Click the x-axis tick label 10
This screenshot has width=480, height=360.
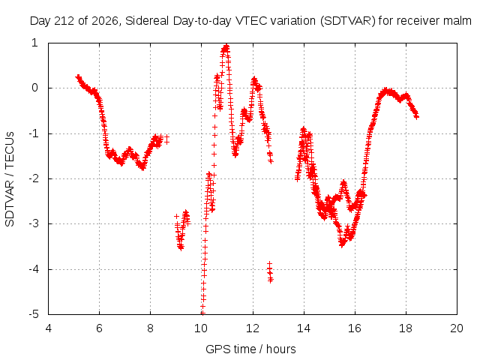click(201, 328)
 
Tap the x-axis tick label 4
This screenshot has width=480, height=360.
click(48, 328)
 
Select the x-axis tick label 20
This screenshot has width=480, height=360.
click(457, 328)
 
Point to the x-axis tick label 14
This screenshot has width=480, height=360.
click(303, 328)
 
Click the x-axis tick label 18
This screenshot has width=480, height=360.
click(406, 328)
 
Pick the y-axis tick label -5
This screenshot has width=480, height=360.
click(34, 314)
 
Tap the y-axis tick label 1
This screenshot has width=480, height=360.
click(34, 43)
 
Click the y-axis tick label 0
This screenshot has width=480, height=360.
click(34, 88)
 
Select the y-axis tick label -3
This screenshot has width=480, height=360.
click(34, 223)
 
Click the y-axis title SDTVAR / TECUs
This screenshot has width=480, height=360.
click(10, 179)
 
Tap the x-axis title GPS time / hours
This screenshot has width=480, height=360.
click(250, 349)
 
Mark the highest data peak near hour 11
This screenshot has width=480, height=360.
click(226, 47)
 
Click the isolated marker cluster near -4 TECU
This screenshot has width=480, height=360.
click(270, 272)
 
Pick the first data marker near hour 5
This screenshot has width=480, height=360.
click(78, 76)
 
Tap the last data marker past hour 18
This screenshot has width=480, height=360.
click(416, 117)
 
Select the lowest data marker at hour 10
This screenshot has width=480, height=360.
click(202, 313)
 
